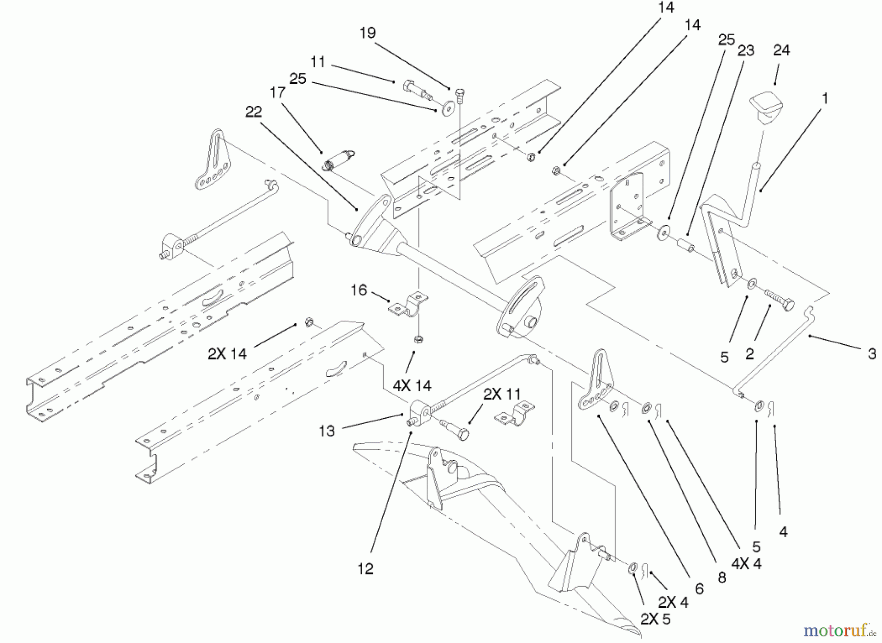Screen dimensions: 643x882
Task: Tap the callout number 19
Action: pyautogui.click(x=367, y=33)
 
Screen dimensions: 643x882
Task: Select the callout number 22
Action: pyautogui.click(x=254, y=112)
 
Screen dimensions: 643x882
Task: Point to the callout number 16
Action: pyautogui.click(x=359, y=290)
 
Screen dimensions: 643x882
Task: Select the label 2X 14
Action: pyautogui.click(x=227, y=354)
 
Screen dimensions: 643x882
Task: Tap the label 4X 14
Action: pyautogui.click(x=412, y=386)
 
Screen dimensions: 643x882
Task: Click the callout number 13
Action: pyautogui.click(x=327, y=431)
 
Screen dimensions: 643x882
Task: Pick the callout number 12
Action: pyautogui.click(x=366, y=569)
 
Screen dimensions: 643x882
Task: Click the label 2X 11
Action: pyautogui.click(x=502, y=394)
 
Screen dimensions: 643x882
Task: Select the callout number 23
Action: pyautogui.click(x=746, y=50)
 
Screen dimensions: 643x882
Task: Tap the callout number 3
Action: pyautogui.click(x=872, y=354)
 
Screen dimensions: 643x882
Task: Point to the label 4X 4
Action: pyautogui.click(x=746, y=564)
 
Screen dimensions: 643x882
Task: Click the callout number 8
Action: pyautogui.click(x=721, y=578)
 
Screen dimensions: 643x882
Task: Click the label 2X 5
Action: pyautogui.click(x=656, y=619)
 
